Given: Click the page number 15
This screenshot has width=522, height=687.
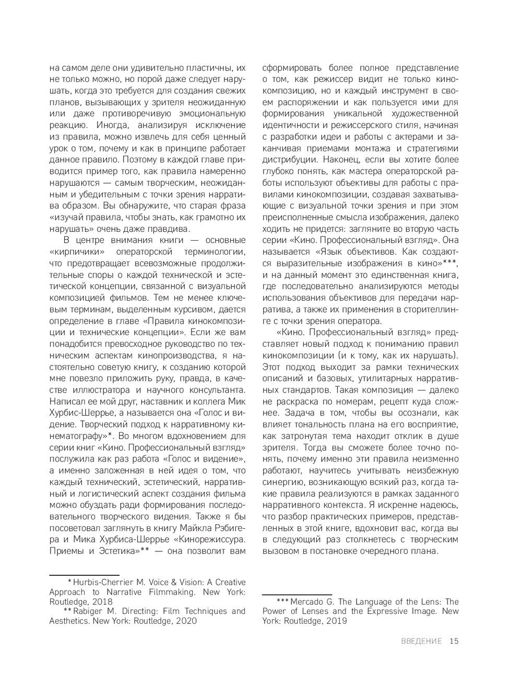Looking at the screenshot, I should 454,641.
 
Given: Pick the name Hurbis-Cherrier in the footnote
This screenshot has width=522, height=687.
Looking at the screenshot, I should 103,582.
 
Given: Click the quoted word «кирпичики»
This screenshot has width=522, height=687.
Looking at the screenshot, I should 73,251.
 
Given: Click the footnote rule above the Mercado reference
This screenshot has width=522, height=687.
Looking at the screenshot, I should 296,594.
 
